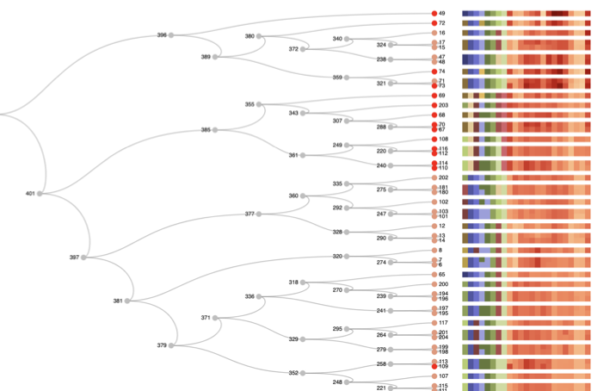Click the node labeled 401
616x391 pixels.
[40, 194]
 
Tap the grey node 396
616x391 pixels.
[171, 35]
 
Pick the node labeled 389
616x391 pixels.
[215, 57]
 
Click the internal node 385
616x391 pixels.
[215, 130]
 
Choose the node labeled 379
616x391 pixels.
[171, 345]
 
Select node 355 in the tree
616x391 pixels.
[259, 105]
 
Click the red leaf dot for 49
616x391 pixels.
[434, 14]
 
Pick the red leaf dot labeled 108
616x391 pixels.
[434, 139]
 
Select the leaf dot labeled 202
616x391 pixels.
[434, 178]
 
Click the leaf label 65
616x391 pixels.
[442, 274]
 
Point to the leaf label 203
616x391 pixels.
[444, 105]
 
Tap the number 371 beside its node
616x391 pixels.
[206, 318]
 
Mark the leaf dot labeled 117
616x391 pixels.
[434, 323]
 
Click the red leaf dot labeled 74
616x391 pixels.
[434, 71]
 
